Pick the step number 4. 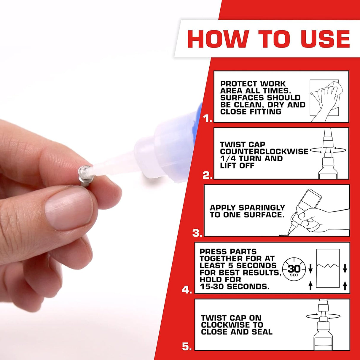(x=187, y=290)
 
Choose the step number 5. (x=187, y=346)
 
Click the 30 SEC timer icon (x=294, y=269)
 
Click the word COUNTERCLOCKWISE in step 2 (x=264, y=152)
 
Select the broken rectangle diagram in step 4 (x=328, y=268)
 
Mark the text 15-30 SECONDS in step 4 (x=234, y=287)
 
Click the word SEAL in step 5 (x=262, y=332)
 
